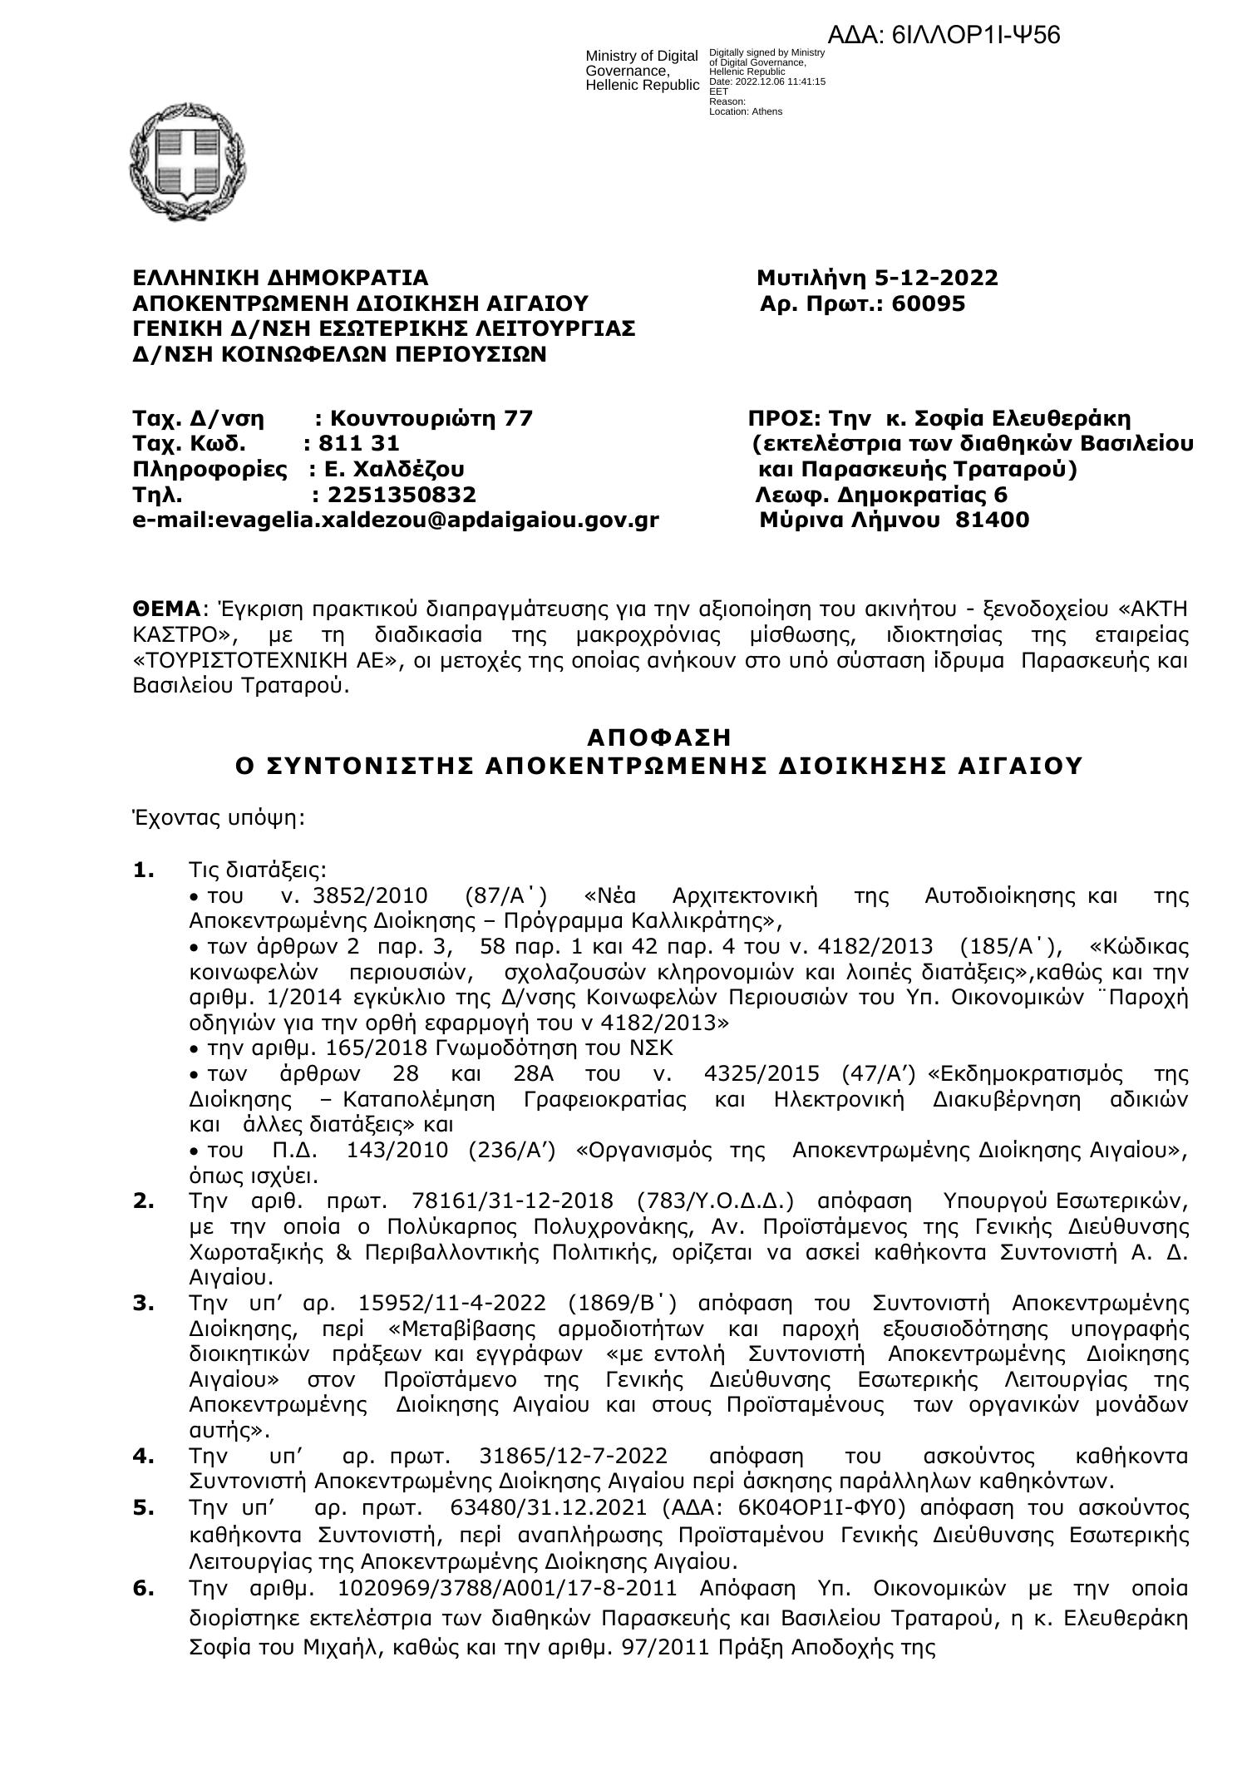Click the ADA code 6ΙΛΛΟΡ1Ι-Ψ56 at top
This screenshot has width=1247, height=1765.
point(944,36)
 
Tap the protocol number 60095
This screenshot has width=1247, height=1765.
point(928,303)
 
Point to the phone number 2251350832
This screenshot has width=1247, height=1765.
point(402,495)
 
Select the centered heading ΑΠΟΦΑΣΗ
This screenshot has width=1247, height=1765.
point(659,737)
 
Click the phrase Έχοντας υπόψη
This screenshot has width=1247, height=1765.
point(219,818)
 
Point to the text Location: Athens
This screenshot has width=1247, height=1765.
point(745,111)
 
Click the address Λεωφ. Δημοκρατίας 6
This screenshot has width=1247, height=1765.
point(881,495)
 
